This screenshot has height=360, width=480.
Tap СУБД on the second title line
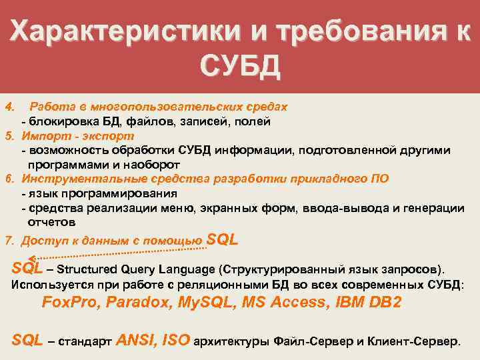coord(240,67)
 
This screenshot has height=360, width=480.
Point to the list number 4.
coord(9,107)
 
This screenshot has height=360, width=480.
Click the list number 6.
coord(9,179)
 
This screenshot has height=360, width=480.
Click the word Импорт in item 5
coord(42,136)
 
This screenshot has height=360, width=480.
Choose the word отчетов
coord(52,223)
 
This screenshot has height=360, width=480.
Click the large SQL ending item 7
coord(223,239)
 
